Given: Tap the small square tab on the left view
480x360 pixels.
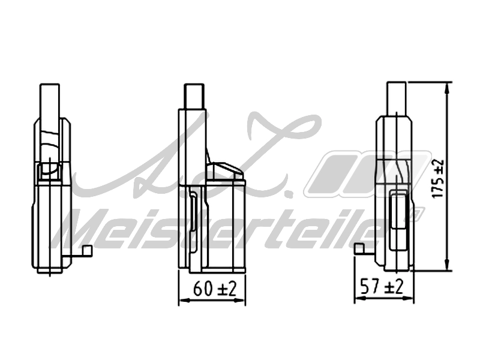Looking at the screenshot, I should [x=88, y=251].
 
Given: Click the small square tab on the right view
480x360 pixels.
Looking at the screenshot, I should [x=359, y=248].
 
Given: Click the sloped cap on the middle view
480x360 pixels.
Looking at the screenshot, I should [x=226, y=172].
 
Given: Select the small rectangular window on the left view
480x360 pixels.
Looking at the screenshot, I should [x=47, y=172].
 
